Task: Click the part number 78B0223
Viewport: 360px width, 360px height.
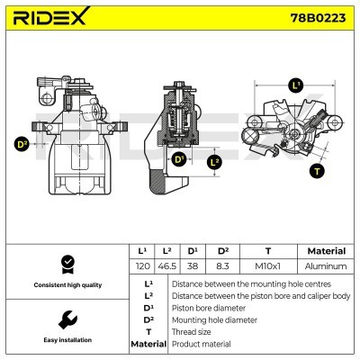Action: coord(318,18)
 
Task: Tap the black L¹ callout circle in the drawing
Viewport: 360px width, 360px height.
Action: coord(296,85)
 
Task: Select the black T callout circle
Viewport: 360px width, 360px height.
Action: coord(317,171)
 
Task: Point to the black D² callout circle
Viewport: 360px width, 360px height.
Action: coord(22,144)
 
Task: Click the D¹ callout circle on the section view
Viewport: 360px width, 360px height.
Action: coord(179,158)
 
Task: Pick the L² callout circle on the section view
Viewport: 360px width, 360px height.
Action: coord(214,162)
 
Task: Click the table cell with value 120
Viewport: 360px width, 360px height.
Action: coord(142,266)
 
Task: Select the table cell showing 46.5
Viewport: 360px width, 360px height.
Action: coord(167,266)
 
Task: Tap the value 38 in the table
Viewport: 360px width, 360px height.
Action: coord(193,266)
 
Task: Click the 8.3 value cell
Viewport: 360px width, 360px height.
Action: coord(222,266)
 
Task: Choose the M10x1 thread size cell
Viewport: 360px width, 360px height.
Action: coord(268,266)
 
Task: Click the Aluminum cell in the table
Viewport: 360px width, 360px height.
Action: coord(326,266)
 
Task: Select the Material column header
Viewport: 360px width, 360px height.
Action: coord(327,251)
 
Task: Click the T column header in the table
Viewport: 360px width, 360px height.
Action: coord(268,251)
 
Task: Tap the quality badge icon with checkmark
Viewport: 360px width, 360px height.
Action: coord(67,265)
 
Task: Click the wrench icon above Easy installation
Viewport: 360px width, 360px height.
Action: coord(67,319)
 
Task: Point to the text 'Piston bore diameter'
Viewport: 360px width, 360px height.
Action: coord(209,308)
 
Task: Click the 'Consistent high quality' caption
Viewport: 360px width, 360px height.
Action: coord(67,285)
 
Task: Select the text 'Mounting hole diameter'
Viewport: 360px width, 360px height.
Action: coord(214,320)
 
